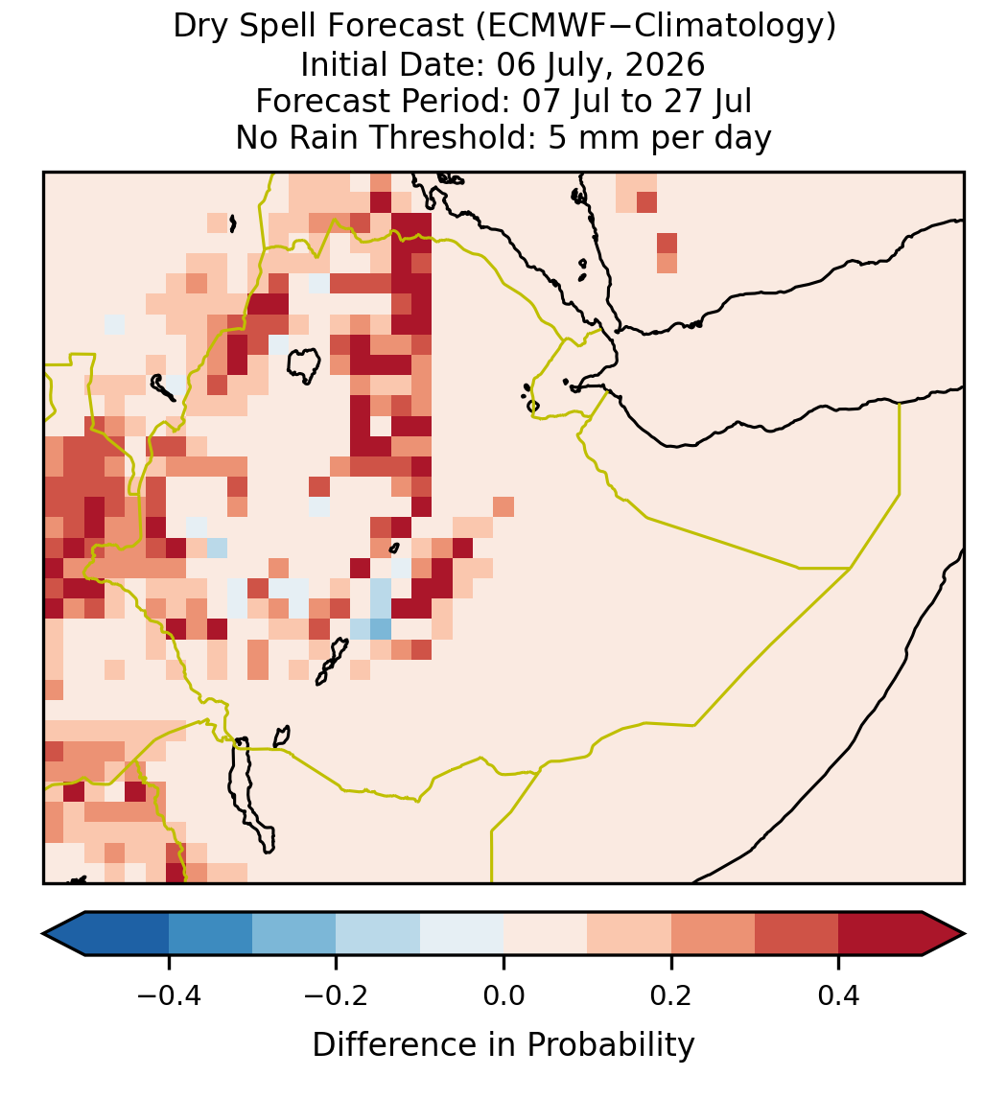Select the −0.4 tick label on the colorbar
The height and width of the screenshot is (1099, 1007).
click(169, 995)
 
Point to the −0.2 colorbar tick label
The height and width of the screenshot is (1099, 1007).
click(337, 995)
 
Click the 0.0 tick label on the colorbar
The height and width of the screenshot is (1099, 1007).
click(503, 995)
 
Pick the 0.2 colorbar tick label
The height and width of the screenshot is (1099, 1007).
click(671, 995)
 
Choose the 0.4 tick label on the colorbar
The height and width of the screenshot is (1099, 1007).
click(839, 995)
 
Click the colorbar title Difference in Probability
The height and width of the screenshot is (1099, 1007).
click(503, 1045)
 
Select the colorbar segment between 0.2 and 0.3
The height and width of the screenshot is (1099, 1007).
click(713, 934)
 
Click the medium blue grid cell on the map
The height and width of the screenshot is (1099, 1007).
click(381, 629)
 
